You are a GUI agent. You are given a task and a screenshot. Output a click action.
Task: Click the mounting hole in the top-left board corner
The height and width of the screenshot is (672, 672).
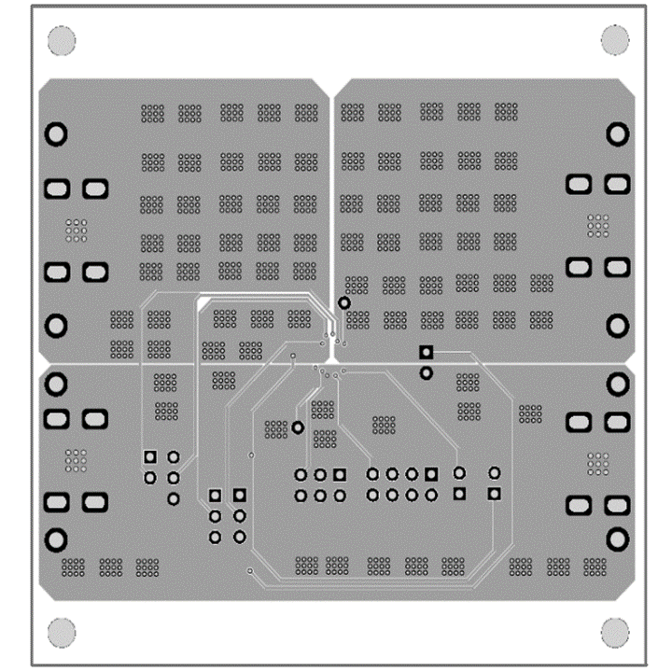pyautogui.click(x=61, y=41)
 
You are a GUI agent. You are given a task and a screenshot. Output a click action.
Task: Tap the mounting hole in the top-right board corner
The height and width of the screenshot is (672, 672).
pyautogui.click(x=615, y=40)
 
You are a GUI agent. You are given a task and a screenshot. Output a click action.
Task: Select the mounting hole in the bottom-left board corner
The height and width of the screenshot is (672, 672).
pyautogui.click(x=61, y=632)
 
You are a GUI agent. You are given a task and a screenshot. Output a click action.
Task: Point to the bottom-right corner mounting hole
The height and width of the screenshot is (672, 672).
pyautogui.click(x=615, y=632)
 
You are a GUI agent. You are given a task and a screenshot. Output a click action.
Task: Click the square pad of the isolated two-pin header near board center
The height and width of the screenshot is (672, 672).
pyautogui.click(x=427, y=352)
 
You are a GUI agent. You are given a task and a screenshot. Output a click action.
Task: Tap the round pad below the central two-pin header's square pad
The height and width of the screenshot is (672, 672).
pyautogui.click(x=427, y=373)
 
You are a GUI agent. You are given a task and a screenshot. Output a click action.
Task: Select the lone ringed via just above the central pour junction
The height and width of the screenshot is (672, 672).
pyautogui.click(x=344, y=302)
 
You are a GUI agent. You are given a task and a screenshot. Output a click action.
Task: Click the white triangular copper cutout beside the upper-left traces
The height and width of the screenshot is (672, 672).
pyautogui.click(x=203, y=304)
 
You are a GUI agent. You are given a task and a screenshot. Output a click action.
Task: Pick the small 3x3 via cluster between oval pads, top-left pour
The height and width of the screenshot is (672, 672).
pyautogui.click(x=76, y=229)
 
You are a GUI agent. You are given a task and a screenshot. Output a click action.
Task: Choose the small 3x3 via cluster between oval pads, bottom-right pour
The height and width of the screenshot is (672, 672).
pyautogui.click(x=597, y=463)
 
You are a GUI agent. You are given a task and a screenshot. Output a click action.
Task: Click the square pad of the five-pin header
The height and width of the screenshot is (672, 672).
pyautogui.click(x=150, y=456)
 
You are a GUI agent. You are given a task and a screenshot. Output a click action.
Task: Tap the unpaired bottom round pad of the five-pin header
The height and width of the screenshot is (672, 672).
pyautogui.click(x=173, y=498)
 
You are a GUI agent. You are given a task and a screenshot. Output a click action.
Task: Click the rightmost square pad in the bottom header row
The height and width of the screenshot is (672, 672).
pyautogui.click(x=495, y=493)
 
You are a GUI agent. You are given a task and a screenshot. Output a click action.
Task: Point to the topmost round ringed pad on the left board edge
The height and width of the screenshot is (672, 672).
pyautogui.click(x=57, y=133)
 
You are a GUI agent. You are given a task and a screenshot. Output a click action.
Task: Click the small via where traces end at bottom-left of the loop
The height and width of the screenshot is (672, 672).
pyautogui.click(x=250, y=569)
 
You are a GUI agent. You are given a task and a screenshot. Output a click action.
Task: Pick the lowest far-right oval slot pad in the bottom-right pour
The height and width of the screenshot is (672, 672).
pyautogui.click(x=617, y=506)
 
